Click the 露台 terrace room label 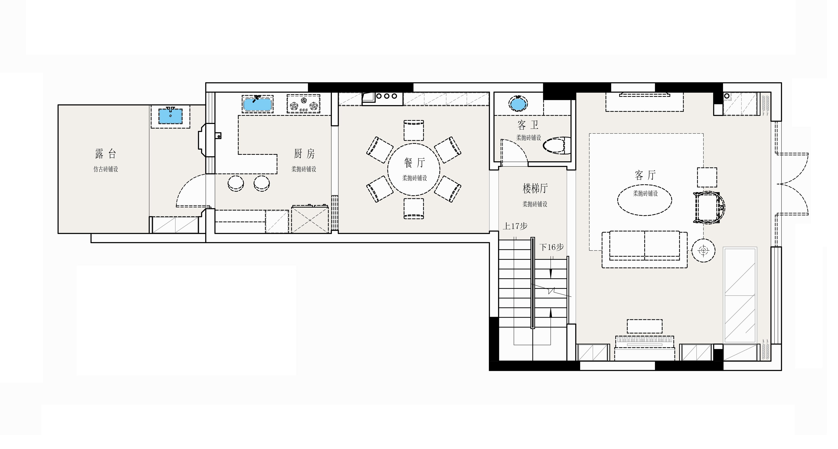105,154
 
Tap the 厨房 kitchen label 304,154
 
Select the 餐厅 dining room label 414,163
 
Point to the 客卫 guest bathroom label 528,125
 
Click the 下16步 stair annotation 552,247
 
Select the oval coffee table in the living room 644,200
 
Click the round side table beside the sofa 703,251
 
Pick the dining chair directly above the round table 414,130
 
